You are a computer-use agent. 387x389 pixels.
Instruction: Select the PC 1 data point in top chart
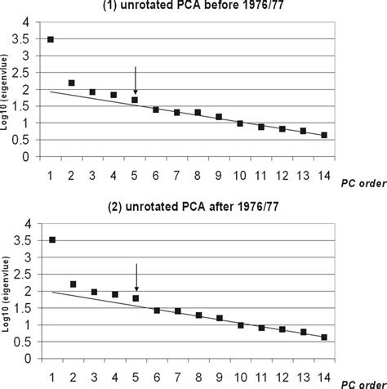pos(51,39)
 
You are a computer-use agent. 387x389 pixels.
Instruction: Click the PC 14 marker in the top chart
pos(326,135)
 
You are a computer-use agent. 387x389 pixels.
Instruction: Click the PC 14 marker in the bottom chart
pos(326,336)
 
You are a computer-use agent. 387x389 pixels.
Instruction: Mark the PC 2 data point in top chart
pos(72,83)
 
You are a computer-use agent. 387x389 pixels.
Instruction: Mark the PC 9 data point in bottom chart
pos(220,318)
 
